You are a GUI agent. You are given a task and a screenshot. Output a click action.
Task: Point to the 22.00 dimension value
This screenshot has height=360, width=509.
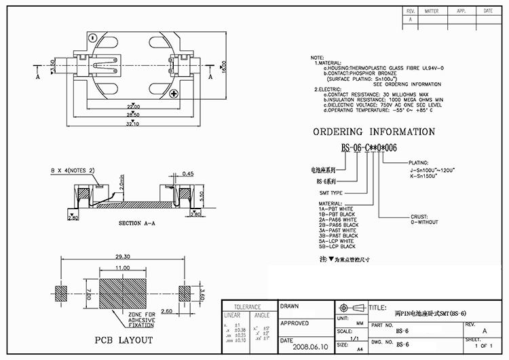(133, 106)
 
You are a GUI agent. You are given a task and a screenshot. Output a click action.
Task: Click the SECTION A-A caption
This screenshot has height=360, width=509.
(139, 223)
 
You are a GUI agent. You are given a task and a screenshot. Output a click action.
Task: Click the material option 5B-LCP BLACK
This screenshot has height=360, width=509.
(337, 247)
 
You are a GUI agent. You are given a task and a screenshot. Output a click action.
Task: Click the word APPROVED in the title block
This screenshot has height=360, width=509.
(295, 323)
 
